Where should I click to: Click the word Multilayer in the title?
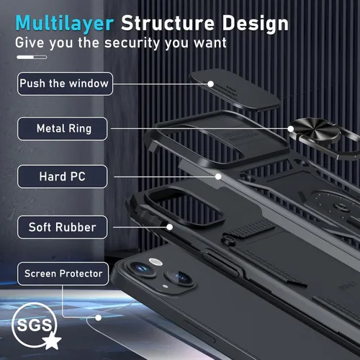tap(65, 24)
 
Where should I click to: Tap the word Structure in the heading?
tap(168, 23)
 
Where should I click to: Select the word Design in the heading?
tap(256, 24)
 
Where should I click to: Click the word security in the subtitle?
tap(132, 43)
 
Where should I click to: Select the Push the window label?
tap(65, 84)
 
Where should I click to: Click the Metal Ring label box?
tap(63, 129)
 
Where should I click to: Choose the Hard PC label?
tap(63, 176)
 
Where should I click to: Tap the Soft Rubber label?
tap(63, 227)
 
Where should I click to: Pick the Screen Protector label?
tap(63, 274)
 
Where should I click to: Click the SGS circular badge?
tap(35, 325)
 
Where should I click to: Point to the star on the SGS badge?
tap(52, 341)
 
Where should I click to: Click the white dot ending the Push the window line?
tap(210, 84)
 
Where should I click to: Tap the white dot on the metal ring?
tap(291, 129)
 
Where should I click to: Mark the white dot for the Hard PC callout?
tap(218, 176)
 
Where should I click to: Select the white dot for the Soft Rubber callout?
tap(170, 227)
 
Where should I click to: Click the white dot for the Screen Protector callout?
tap(98, 318)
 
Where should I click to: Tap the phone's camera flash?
tap(156, 262)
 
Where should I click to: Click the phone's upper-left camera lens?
tap(142, 269)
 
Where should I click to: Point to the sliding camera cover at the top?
tap(234, 90)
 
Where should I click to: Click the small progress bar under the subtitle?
tap(32, 57)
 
